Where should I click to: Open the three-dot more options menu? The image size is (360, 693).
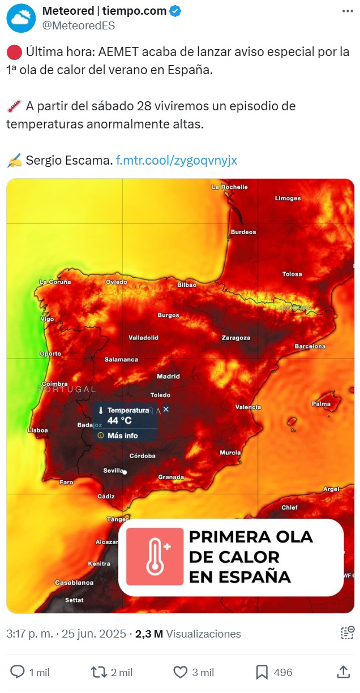pos(346,11)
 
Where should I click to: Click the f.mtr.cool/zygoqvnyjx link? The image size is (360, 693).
pos(177,160)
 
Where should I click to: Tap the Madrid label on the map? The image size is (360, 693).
pos(168,376)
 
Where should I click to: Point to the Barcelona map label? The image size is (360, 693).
pos(310,346)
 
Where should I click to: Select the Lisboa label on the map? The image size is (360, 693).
pos(38,431)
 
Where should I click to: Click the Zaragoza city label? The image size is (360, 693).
pos(236,338)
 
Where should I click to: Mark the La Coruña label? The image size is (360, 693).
pos(55,282)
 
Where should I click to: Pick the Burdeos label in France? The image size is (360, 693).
pos(243,232)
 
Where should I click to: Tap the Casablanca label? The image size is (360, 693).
pos(74,583)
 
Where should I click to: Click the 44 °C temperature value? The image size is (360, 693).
pos(119,420)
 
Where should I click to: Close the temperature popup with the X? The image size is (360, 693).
pos(166,409)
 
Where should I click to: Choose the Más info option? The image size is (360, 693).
pos(122,436)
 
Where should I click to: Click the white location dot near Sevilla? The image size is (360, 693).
pos(125,472)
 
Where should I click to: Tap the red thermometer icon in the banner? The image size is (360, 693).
pos(155,557)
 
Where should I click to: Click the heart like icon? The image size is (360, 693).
pos(180,672)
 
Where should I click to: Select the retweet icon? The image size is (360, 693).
pos(98,672)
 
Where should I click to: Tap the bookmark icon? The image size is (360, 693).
pos(262,672)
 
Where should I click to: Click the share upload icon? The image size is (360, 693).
pos(343,672)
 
